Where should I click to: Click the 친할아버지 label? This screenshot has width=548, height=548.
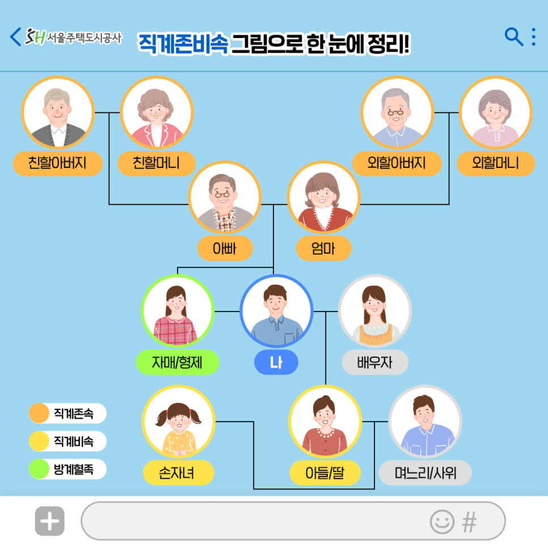tap(57, 164)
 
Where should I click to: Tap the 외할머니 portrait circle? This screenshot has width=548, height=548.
tap(496, 112)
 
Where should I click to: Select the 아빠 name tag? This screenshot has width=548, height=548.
tap(225, 248)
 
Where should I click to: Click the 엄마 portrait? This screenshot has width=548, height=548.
tap(323, 197)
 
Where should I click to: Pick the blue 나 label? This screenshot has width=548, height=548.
tap(276, 362)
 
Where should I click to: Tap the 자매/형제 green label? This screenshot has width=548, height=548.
tap(177, 362)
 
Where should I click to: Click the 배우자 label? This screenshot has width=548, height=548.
tap(374, 362)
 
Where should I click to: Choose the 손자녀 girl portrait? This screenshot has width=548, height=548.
tap(178, 421)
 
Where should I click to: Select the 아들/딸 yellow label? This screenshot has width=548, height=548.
tap(324, 473)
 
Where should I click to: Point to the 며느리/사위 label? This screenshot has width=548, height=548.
tap(425, 473)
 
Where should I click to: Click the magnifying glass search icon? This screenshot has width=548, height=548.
tap(513, 37)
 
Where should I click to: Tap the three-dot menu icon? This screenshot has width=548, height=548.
tap(533, 37)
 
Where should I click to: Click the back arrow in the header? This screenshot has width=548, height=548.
tap(15, 37)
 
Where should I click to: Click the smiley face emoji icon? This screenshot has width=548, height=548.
tap(442, 521)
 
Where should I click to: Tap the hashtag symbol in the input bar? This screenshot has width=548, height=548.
tap(469, 521)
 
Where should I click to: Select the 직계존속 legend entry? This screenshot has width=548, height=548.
tap(68, 413)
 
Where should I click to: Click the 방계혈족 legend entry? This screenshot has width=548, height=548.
tap(68, 469)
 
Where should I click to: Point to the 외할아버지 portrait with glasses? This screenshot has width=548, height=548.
tap(397, 112)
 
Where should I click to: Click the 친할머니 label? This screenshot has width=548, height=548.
tap(156, 164)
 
